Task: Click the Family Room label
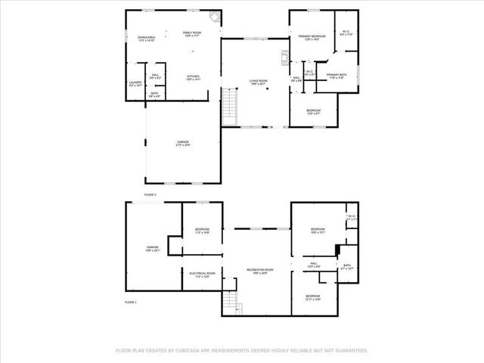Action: click(x=192, y=34)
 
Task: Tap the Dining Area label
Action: click(x=146, y=38)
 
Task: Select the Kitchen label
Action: click(x=193, y=77)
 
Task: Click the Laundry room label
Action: click(x=135, y=83)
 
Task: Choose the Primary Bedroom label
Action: click(x=312, y=38)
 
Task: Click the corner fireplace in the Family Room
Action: click(x=215, y=17)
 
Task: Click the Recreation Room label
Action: click(x=259, y=271)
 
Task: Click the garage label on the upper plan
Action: click(x=183, y=142)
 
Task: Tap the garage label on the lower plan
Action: click(x=153, y=249)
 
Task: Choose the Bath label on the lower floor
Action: click(x=346, y=266)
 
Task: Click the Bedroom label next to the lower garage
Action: click(x=202, y=231)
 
